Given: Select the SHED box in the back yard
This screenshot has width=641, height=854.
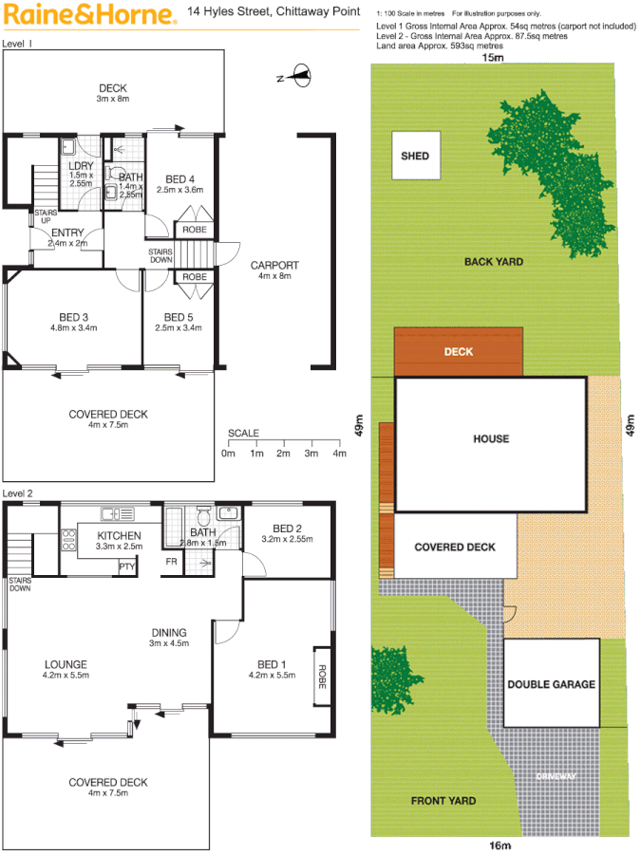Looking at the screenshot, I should coord(415,156).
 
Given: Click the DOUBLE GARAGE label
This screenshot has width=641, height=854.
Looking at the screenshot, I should coord(551,684).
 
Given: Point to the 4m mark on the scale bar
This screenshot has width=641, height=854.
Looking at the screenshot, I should coord(339,454).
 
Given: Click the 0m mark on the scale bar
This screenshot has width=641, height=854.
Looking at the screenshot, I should coord(228,454).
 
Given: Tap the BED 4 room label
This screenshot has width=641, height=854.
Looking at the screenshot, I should coord(179,179).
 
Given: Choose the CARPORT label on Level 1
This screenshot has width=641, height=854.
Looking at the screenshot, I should coord(275,265).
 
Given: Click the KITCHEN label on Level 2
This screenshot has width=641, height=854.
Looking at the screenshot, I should coord(120,536).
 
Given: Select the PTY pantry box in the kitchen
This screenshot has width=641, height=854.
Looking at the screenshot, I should coord(126,566).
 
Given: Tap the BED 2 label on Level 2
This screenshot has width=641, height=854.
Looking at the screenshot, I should coord(287,529).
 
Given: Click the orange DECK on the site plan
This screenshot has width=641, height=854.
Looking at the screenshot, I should coord(459,352).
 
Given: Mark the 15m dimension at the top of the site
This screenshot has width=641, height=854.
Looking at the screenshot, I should coord(492,59).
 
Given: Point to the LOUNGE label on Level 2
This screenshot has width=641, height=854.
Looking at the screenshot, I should coord(66,664).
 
